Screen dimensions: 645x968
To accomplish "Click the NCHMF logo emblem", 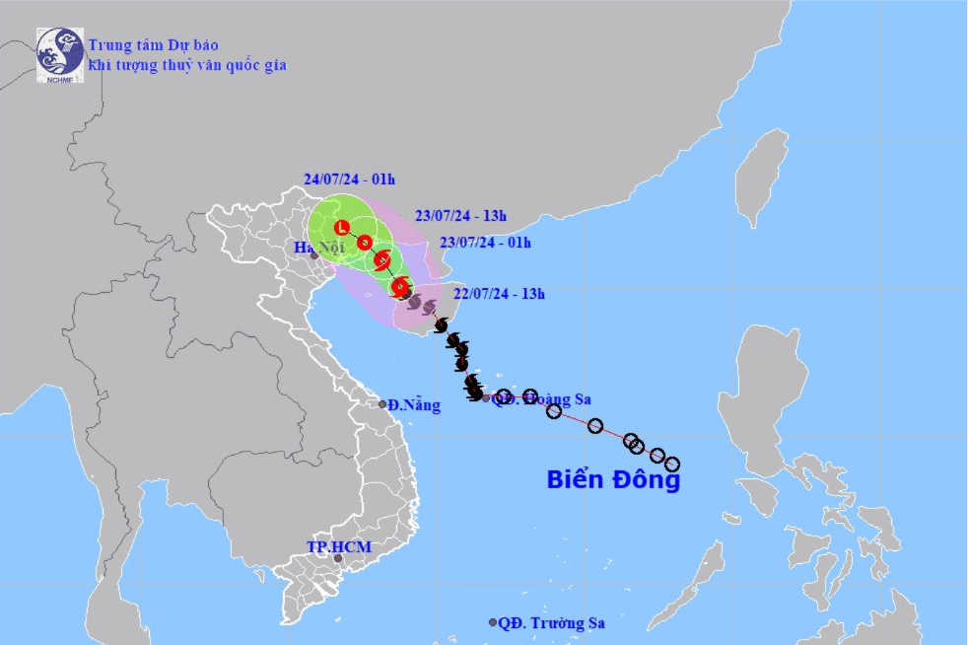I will (59, 53).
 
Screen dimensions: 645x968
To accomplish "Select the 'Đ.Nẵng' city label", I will (414, 404).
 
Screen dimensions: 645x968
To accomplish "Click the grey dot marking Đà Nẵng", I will (382, 404).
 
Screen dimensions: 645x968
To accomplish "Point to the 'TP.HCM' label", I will (330, 545).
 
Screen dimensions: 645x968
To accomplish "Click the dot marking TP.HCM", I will (338, 559).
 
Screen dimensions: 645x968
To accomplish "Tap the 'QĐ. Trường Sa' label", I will (552, 623).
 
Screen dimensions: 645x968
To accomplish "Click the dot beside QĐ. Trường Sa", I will (493, 622).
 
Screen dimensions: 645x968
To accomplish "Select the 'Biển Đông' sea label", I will (613, 480).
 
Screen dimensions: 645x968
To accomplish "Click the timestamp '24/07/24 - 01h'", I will (349, 179).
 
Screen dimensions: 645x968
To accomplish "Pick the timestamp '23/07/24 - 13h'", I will (460, 215).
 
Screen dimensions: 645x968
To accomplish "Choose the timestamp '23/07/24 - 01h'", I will (485, 243).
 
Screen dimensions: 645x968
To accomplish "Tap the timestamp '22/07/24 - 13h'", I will (500, 293).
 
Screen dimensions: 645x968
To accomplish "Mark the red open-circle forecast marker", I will (365, 243).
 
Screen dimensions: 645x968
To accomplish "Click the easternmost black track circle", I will (672, 464).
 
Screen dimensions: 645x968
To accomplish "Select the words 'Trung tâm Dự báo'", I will (153, 44).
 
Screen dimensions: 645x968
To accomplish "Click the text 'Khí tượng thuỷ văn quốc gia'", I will (186, 65).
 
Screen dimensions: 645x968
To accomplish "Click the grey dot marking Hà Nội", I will (314, 255).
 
